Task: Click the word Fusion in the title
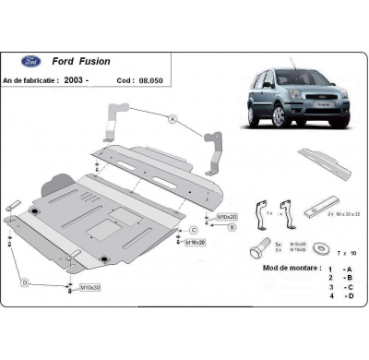click(94, 61)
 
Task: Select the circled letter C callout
click(193, 230)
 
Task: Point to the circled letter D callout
click(25, 282)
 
